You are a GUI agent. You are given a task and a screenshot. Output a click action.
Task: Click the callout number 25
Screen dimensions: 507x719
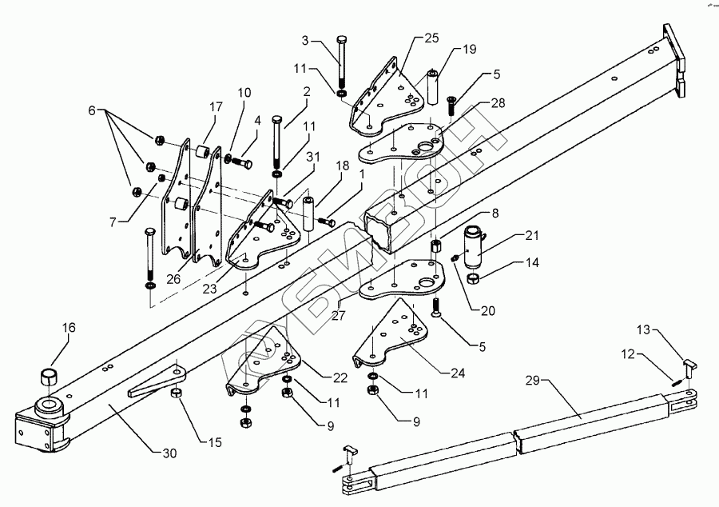[x=431, y=38]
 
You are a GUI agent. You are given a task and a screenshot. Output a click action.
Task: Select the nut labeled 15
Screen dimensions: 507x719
[x=176, y=393]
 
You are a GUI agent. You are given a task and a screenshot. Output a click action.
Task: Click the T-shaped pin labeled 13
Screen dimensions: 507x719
[x=689, y=365]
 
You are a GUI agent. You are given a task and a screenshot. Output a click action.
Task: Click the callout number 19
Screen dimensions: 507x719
[x=470, y=50]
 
